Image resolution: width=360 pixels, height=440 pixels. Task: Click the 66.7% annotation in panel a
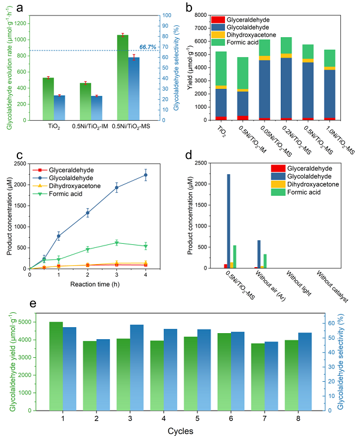pos(148,46)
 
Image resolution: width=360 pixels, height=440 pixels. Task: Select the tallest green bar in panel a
pos(122,78)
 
